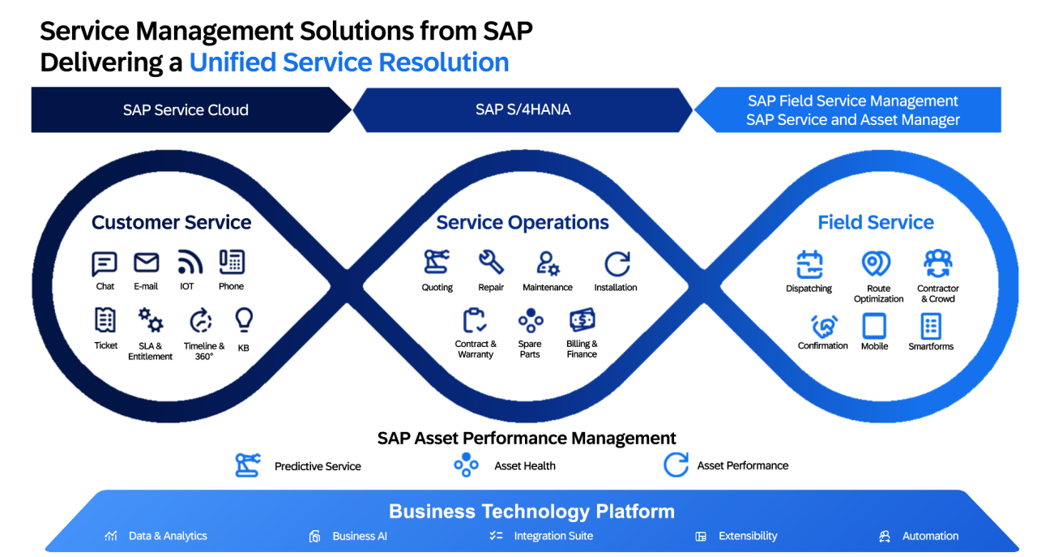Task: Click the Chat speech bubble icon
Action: [x=105, y=264]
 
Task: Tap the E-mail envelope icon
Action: [x=146, y=263]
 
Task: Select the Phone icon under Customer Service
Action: [x=232, y=262]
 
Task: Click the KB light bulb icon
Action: [x=243, y=320]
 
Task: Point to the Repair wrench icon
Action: [x=491, y=262]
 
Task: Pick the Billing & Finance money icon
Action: [x=582, y=320]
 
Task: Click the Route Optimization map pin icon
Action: [x=876, y=264]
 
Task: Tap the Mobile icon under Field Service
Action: [x=874, y=326]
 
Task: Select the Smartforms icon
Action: [x=931, y=326]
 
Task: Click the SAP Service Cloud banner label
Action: [x=186, y=110]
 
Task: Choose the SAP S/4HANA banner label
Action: [x=523, y=109]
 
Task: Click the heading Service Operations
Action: [x=523, y=222]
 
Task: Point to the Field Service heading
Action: [x=876, y=222]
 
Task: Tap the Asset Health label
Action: [x=525, y=466]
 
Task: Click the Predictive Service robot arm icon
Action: [x=247, y=465]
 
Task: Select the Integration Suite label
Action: [x=553, y=536]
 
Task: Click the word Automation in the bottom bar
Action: [x=930, y=536]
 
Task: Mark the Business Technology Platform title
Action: [x=531, y=512]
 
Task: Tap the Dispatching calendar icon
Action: [x=809, y=264]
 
